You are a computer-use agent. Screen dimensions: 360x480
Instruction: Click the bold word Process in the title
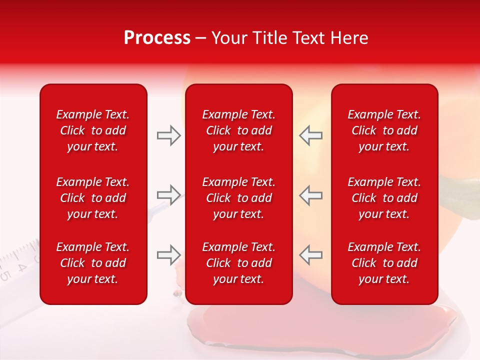point(157,38)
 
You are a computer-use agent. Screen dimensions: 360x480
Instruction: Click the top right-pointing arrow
point(168,135)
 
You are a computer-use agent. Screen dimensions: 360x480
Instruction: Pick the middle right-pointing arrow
point(168,195)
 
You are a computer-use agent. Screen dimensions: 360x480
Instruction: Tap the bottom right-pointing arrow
point(168,255)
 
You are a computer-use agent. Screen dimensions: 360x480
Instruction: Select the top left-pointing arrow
point(311,135)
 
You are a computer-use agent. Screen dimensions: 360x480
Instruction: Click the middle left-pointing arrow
point(311,195)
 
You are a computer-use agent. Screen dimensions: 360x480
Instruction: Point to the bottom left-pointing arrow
point(311,255)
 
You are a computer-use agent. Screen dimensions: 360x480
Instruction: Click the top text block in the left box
point(93,130)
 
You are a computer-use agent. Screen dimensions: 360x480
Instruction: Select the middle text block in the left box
point(93,198)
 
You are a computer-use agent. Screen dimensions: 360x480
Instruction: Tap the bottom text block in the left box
point(93,263)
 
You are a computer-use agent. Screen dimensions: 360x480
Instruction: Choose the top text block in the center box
point(239,130)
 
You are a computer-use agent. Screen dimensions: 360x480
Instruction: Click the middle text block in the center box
point(239,198)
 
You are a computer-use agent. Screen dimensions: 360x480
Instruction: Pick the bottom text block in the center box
point(239,263)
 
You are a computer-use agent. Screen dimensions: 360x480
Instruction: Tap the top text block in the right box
point(384,130)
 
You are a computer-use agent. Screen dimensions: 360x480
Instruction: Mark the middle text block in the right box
point(384,198)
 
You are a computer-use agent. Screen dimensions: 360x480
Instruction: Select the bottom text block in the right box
point(384,263)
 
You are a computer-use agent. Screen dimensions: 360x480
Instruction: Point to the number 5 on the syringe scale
point(5,275)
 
